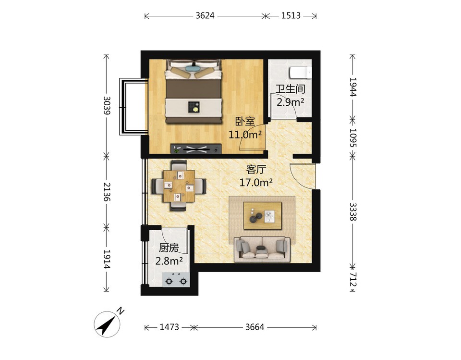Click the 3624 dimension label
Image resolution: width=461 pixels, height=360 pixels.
pos(205,15)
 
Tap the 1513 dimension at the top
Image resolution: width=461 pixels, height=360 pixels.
pos(291,15)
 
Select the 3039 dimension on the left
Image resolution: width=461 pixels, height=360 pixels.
pos(107,105)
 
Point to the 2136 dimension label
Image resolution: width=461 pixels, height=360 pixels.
pos(107,191)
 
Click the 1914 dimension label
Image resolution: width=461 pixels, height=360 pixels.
pos(107,259)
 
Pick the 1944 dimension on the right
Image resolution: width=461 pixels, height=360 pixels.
pos(353,87)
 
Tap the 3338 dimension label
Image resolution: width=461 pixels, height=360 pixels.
pos(353,211)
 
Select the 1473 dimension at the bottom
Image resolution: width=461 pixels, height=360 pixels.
pos(169,327)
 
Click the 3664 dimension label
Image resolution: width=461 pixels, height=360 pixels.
pos(255,327)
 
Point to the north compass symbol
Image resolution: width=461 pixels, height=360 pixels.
pos(107,324)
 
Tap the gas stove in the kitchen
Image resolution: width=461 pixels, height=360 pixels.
pos(176,280)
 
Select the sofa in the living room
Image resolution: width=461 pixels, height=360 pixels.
pos(262,249)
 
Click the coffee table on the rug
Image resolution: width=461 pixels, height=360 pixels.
pos(263,216)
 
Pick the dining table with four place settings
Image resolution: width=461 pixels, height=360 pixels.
pos(179,186)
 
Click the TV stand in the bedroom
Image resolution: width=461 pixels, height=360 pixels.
pos(196,149)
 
